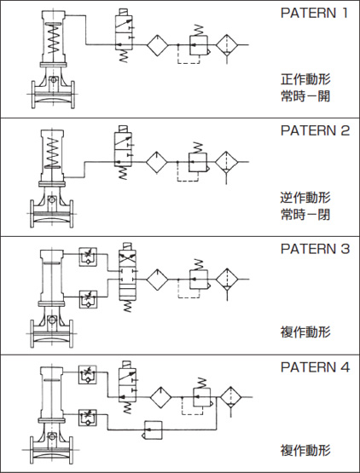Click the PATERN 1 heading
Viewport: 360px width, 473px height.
[x=315, y=14]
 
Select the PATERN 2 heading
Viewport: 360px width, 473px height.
[x=315, y=131]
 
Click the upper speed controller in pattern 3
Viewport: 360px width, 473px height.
[x=87, y=255]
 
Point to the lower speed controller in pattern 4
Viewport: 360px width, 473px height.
[x=87, y=417]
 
